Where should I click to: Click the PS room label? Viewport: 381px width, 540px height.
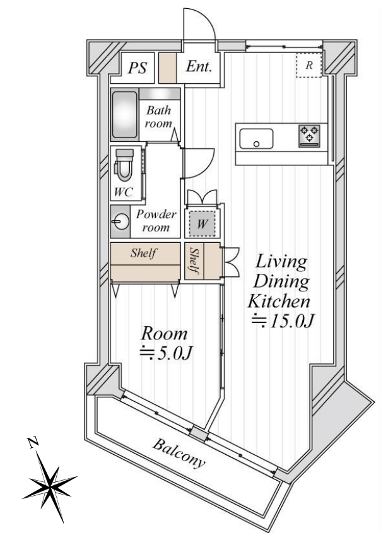pos(138,67)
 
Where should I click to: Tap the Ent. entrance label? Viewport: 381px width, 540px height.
pos(199,66)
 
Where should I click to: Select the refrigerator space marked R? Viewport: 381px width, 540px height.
pos(309,65)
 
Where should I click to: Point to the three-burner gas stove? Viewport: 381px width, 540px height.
pos(309,136)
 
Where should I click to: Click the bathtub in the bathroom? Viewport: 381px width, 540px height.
pos(124,115)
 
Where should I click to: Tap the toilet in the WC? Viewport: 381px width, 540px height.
pos(124,165)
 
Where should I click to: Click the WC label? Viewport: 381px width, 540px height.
pos(124,192)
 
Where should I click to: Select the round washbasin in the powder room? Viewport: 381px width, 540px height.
pos(120,221)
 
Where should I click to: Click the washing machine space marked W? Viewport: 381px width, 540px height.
pos(202,224)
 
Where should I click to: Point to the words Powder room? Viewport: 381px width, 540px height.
pos(156,221)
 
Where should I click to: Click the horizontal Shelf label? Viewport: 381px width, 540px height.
pos(143,253)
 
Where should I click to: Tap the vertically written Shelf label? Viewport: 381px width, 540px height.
pos(194,261)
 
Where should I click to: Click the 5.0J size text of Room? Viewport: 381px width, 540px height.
pos(165,353)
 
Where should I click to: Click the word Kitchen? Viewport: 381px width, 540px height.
pos(279,302)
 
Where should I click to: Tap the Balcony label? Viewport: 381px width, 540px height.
pos(179,452)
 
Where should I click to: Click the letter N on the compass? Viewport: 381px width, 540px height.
pos(33,442)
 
